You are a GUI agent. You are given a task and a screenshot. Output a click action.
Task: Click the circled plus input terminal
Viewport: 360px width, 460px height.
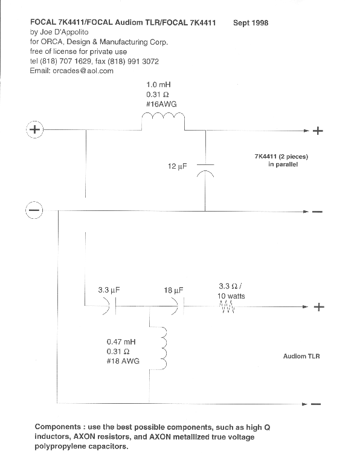click(34, 129)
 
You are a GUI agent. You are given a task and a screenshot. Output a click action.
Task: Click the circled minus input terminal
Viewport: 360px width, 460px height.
click(34, 210)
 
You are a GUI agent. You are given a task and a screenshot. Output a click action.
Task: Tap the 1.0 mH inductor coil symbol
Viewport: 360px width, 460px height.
click(163, 116)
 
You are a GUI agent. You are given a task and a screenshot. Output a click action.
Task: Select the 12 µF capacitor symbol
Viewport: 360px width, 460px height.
click(205, 170)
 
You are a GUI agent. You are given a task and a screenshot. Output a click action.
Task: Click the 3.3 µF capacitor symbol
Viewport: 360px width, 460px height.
click(110, 306)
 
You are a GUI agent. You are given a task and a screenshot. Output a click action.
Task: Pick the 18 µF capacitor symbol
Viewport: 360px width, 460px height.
click(178, 306)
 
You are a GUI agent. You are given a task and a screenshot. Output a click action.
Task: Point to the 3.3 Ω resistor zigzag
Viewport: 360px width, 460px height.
click(227, 307)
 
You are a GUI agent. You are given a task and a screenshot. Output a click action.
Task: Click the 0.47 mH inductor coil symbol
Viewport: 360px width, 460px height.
click(164, 348)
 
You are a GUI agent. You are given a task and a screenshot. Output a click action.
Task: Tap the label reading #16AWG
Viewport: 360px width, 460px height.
click(161, 104)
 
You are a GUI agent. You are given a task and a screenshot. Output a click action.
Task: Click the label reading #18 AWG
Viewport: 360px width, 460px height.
click(123, 361)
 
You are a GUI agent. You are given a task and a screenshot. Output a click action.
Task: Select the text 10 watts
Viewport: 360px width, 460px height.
click(231, 296)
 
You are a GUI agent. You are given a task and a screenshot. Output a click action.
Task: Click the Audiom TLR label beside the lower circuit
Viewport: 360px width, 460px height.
click(301, 356)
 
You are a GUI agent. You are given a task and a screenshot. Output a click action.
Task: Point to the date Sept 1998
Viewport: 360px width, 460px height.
click(251, 23)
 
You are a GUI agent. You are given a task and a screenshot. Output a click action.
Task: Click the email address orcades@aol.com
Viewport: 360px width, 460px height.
click(83, 71)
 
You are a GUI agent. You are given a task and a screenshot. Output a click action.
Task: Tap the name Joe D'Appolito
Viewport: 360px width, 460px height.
click(64, 32)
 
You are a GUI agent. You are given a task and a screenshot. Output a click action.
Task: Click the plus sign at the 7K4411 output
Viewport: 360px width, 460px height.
click(318, 131)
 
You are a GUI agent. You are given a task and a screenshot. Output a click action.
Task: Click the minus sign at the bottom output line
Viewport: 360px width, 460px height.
click(316, 404)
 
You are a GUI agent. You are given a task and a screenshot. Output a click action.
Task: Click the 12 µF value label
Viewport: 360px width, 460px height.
click(178, 166)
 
